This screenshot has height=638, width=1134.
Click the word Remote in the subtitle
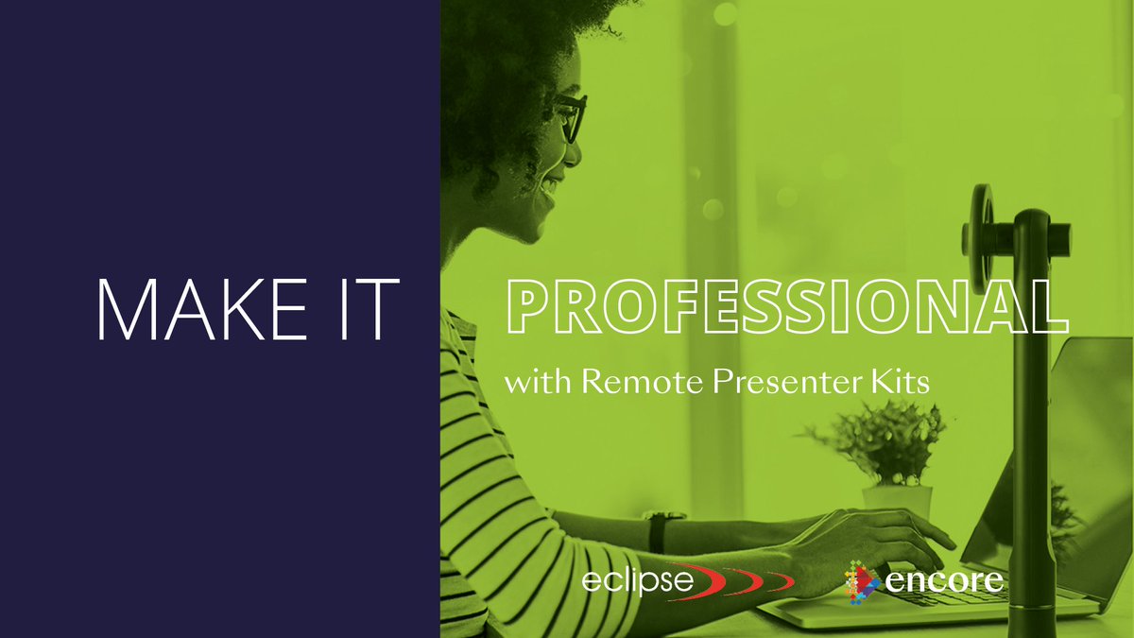tap(629, 383)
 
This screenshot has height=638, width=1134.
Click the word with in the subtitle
tap(539, 384)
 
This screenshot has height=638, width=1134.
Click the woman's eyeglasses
tap(569, 118)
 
